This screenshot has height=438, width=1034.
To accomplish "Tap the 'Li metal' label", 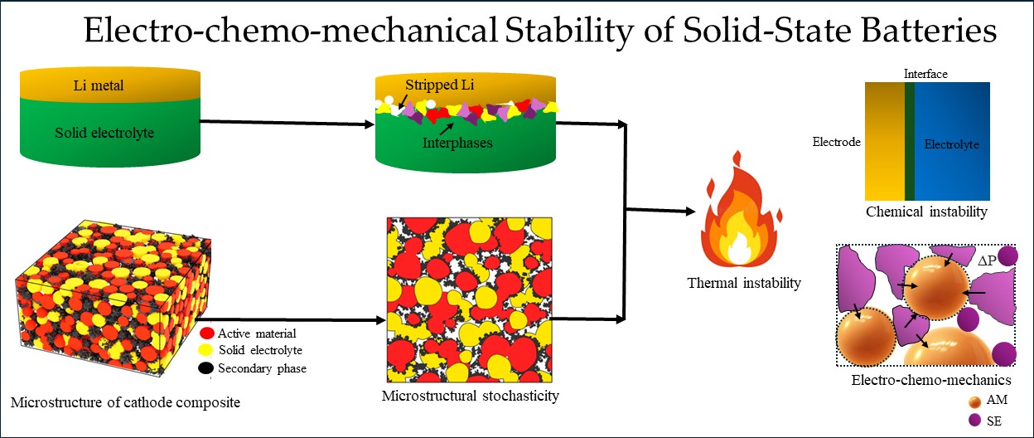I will coord(99,85).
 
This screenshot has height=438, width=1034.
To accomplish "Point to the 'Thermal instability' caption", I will coord(744,283).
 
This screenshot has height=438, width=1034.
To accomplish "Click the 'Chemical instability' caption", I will coord(926,212).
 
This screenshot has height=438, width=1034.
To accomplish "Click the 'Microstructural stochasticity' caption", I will coord(470,395).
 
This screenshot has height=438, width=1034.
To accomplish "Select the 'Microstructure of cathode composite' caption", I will coord(125,403).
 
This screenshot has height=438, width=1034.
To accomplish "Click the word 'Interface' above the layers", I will coord(925,74).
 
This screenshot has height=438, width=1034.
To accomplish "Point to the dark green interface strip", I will coord(910,141).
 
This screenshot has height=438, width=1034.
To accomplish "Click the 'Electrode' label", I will coord(837,142).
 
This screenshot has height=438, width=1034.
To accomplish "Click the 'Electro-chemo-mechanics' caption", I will coord(931,381).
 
